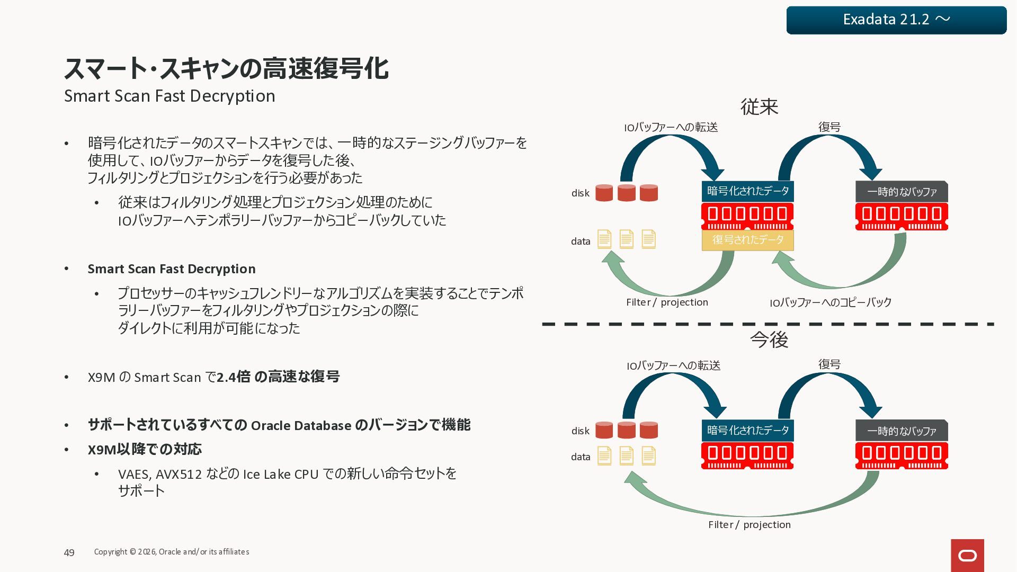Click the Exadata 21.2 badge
896,20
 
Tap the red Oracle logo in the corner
967,555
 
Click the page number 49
69,552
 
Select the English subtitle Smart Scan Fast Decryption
169,96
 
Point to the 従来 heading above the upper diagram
759,107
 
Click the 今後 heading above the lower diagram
769,339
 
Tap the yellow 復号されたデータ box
747,240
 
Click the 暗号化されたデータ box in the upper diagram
747,191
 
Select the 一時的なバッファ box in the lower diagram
902,431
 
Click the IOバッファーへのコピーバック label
830,302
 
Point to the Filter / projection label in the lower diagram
749,524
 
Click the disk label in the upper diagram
580,193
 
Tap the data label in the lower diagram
580,457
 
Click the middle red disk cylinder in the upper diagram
626,193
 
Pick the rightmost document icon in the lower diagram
648,455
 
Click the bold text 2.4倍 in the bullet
234,377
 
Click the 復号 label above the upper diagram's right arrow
829,127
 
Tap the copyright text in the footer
171,552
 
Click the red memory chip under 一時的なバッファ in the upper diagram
902,216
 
